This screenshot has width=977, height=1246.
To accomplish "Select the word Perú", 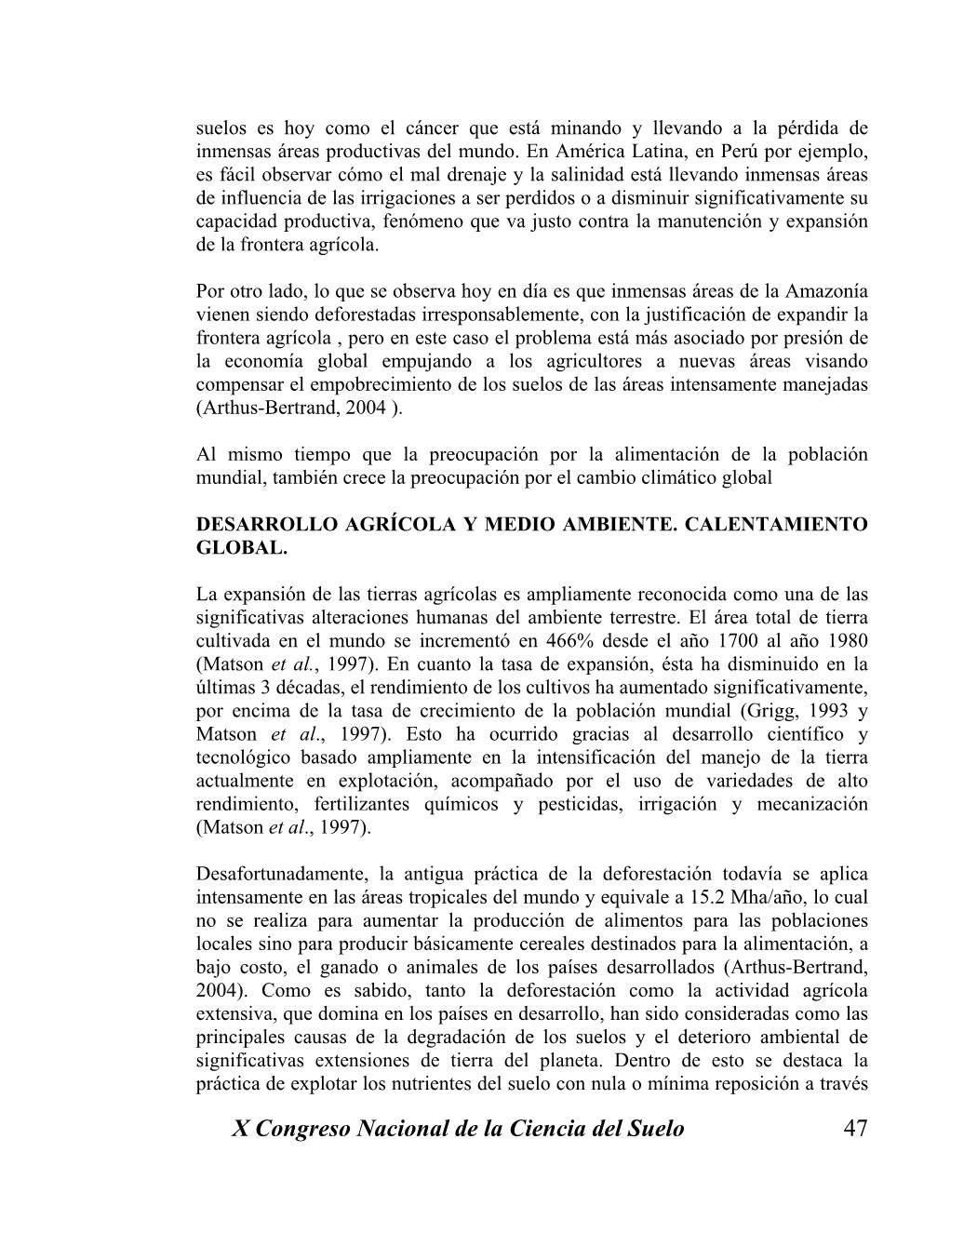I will [760, 151].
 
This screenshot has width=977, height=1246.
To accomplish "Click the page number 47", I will [855, 1129].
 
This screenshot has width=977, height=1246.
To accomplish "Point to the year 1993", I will [818, 711].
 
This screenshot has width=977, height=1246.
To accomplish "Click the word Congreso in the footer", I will [313, 1129].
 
